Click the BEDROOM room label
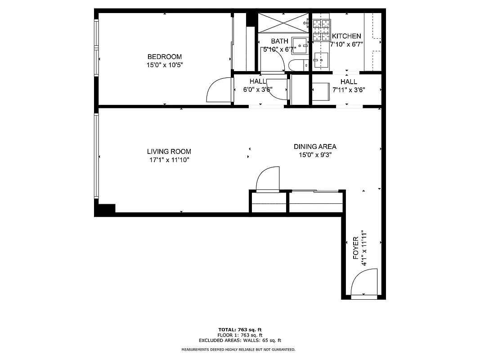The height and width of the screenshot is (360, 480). pyautogui.click(x=165, y=57)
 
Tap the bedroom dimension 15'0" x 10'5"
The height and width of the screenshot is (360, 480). pyautogui.click(x=165, y=65)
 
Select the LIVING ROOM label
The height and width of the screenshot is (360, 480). pyautogui.click(x=169, y=152)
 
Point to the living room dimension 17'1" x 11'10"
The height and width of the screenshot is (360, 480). pyautogui.click(x=169, y=160)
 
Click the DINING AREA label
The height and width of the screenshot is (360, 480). pyautogui.click(x=315, y=147)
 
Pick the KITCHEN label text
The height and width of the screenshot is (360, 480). pyautogui.click(x=346, y=36)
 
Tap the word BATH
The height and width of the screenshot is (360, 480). pyautogui.click(x=279, y=41)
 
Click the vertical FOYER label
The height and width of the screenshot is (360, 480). pyautogui.click(x=356, y=248)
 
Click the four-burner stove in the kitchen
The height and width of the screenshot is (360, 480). pyautogui.click(x=321, y=29)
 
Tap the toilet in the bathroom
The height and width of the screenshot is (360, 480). pyautogui.click(x=297, y=65)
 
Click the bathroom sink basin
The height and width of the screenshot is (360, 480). pyautogui.click(x=299, y=44)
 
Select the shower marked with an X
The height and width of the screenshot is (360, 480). pyautogui.click(x=283, y=22)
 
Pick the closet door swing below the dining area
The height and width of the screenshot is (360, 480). pyautogui.click(x=268, y=179)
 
